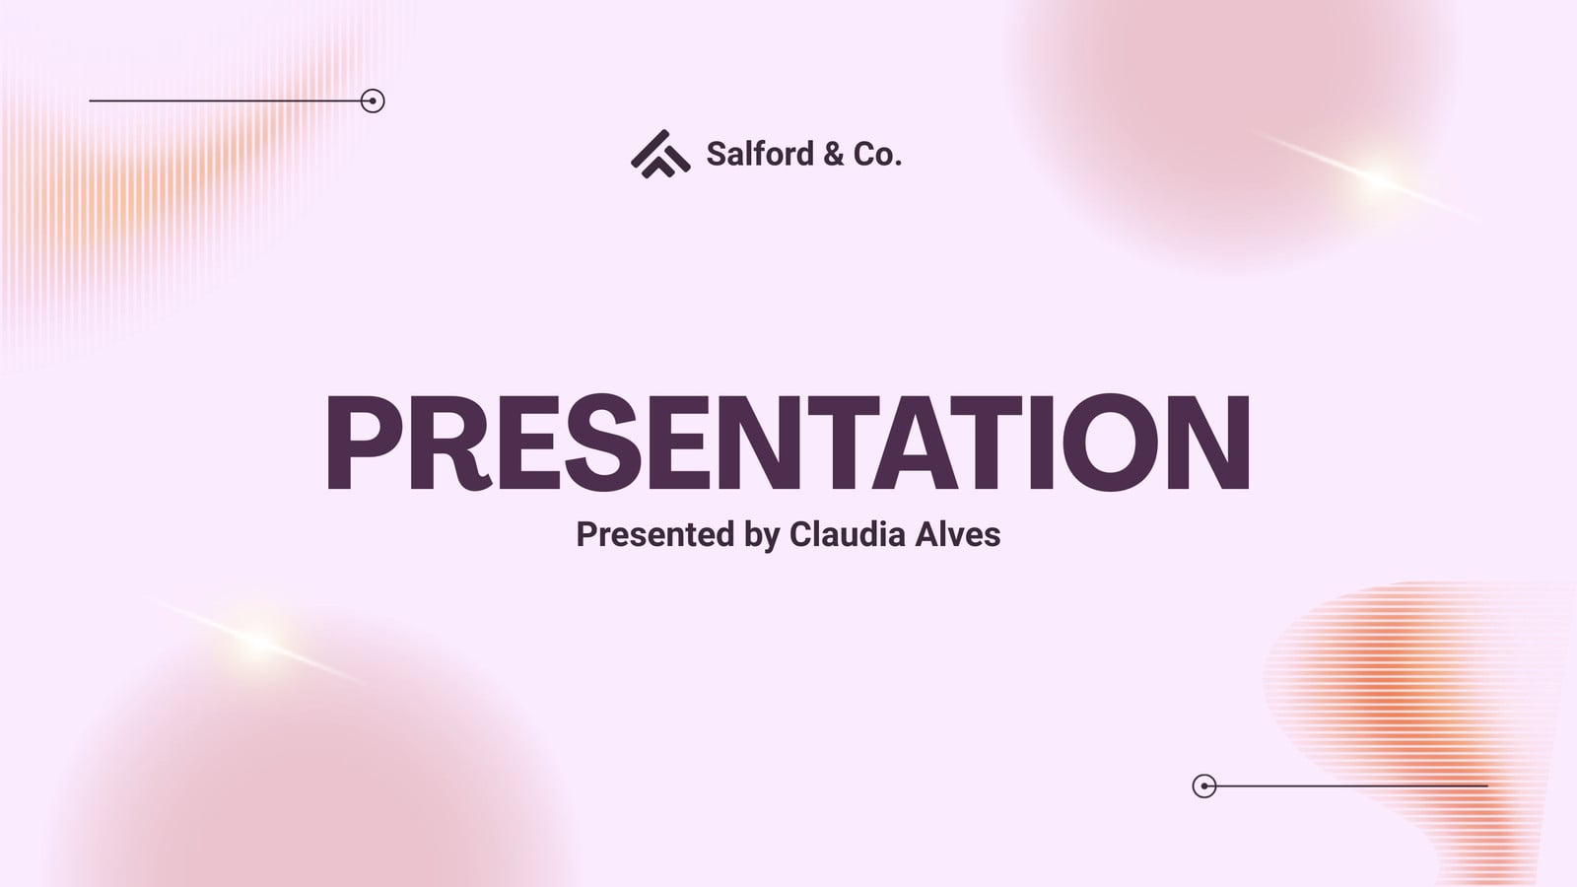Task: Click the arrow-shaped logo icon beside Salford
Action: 660,154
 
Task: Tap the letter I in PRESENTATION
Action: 1041,442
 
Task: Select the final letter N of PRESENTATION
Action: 1208,442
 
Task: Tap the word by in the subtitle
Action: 762,535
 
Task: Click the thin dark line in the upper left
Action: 225,101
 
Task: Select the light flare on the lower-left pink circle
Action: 259,641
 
